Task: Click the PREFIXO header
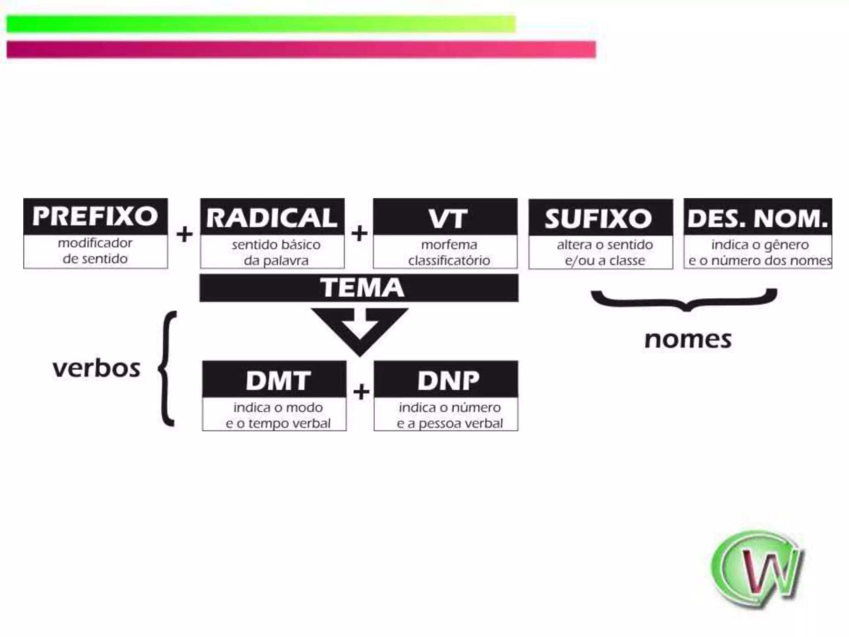(95, 216)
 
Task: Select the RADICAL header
(272, 217)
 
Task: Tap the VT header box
(445, 217)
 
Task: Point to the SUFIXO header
(600, 218)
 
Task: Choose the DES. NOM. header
(758, 217)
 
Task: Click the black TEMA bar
(359, 287)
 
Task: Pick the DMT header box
(274, 379)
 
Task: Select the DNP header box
(446, 379)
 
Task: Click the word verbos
(96, 368)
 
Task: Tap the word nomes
(688, 340)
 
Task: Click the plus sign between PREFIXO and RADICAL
(184, 235)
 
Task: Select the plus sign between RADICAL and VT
(359, 233)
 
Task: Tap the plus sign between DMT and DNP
(361, 392)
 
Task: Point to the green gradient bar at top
(261, 24)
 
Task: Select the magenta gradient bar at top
(301, 49)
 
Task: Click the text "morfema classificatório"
(449, 253)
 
